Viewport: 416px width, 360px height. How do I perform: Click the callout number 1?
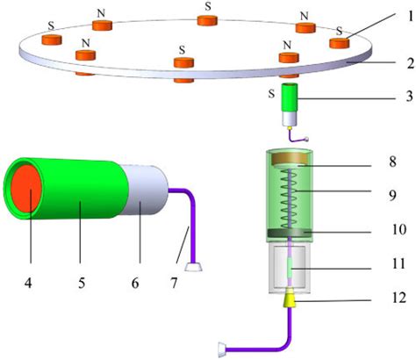coord(397,15)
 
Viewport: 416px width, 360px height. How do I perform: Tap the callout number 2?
coord(397,62)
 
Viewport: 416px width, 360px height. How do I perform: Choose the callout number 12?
coord(397,298)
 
